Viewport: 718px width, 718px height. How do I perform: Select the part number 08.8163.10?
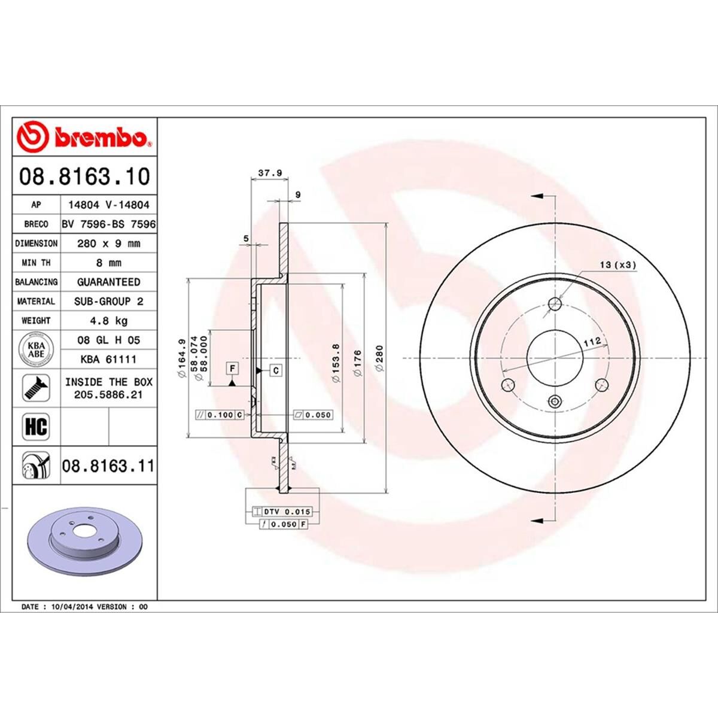[x=84, y=177]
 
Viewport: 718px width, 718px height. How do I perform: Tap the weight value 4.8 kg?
[x=108, y=321]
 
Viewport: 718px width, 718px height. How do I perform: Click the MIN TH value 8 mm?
[x=108, y=263]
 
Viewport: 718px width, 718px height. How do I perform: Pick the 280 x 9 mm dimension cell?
[x=108, y=244]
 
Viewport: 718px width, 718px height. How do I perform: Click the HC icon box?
[x=36, y=427]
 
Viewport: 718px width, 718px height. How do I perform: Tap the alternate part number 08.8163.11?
[x=108, y=466]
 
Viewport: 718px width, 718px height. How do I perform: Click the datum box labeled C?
[x=276, y=371]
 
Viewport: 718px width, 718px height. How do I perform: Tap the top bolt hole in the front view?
[x=556, y=303]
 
